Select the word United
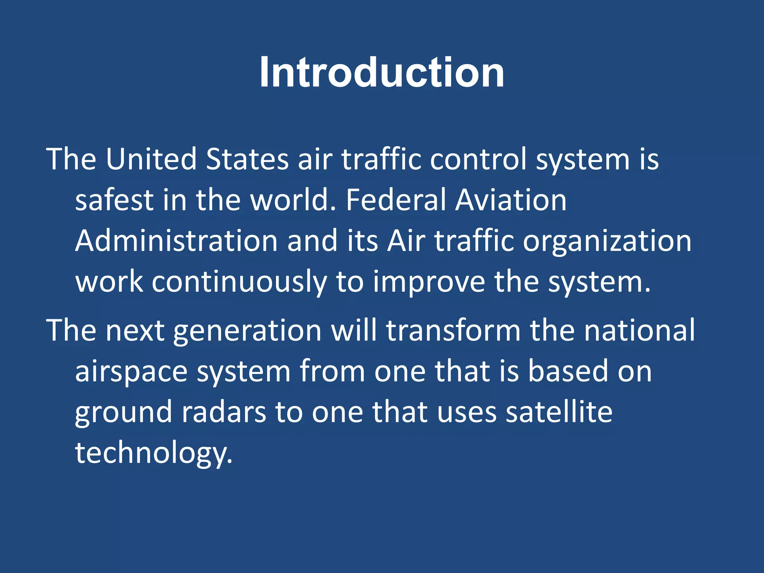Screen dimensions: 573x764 [x=151, y=159]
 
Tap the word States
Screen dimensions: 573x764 [x=247, y=159]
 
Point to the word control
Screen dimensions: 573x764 [x=478, y=159]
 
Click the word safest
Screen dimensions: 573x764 [x=114, y=200]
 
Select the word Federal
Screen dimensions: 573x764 [x=396, y=200]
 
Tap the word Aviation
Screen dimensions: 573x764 [x=511, y=200]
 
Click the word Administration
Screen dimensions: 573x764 [x=176, y=241]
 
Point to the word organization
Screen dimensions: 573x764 [x=607, y=241]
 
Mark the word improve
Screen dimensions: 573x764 [x=429, y=282]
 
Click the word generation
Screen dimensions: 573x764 [x=247, y=331]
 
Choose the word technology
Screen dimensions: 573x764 [x=154, y=454]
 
